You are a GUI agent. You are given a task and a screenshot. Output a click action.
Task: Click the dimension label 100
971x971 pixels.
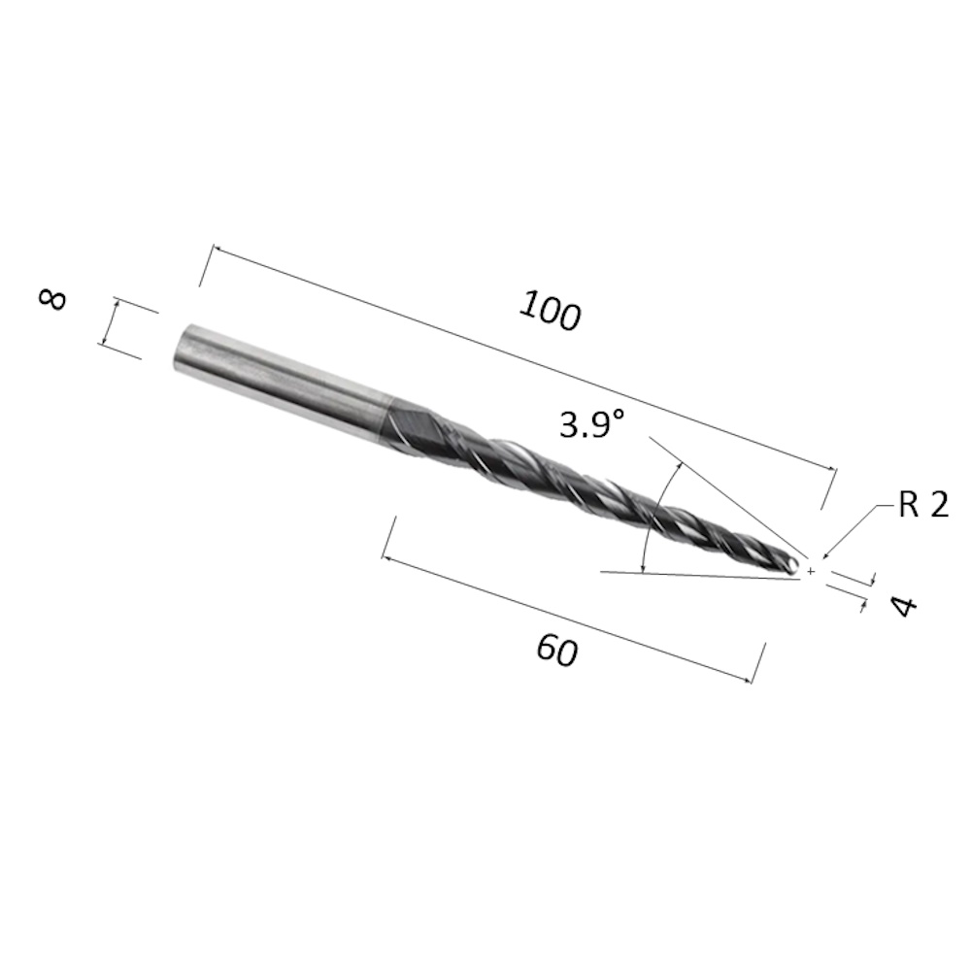tap(551, 311)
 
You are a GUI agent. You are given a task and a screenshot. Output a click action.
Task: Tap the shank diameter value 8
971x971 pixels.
tap(52, 299)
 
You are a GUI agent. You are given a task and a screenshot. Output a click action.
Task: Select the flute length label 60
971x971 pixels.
tap(557, 651)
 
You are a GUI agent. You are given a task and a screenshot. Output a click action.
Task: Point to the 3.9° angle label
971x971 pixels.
tap(592, 425)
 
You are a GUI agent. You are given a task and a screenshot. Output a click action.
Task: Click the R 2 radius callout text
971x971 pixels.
tap(923, 505)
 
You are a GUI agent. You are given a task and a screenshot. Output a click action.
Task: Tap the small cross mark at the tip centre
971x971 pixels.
tap(811, 572)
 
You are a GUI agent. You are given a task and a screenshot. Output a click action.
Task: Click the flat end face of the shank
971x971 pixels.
tap(184, 348)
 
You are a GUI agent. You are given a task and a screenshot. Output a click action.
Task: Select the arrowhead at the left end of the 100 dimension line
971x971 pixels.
tap(218, 251)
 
